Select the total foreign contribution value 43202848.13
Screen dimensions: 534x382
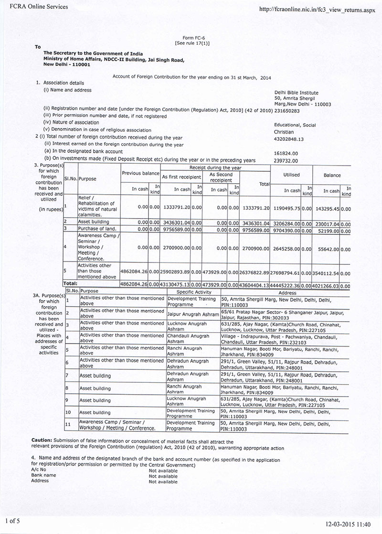point(288,138)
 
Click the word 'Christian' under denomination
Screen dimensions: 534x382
point(284,132)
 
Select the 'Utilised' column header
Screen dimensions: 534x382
point(291,175)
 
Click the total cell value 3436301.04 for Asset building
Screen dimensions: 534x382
point(256,222)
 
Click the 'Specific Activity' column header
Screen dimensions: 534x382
point(194,291)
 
